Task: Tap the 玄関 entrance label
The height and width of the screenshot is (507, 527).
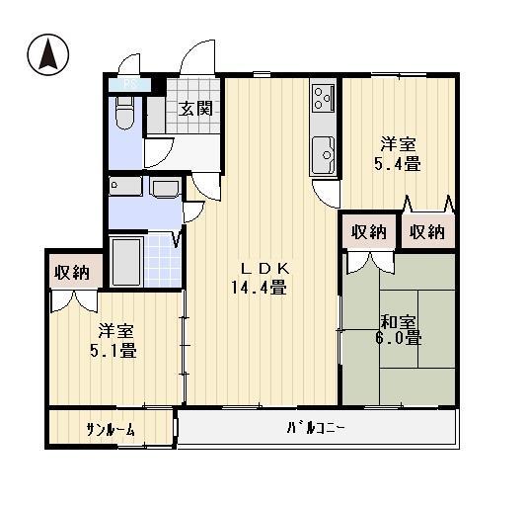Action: coord(195,109)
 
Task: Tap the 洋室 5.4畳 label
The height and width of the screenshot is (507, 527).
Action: coord(399,154)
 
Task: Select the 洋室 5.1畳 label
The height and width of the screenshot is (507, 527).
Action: coord(113,340)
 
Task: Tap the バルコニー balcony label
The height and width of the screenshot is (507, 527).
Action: coord(315,428)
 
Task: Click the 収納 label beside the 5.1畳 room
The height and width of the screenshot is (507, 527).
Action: coord(72,272)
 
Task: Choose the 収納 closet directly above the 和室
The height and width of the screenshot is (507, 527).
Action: coord(368,233)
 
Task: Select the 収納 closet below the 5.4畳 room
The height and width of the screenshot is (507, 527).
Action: coord(427,233)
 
